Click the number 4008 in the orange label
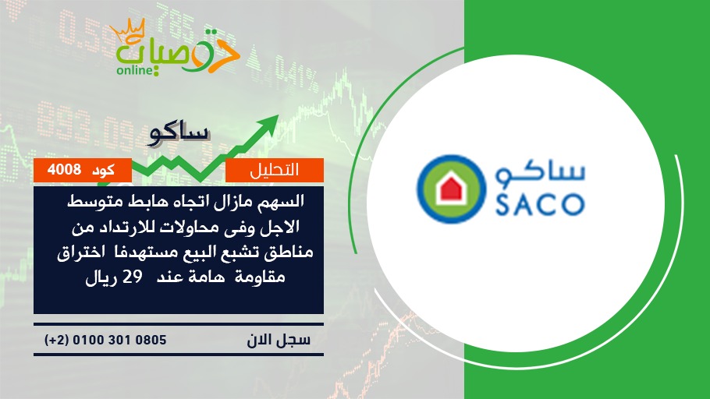(x=64, y=170)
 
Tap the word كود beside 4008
(x=103, y=171)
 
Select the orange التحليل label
(x=275, y=170)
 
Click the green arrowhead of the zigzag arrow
(x=268, y=124)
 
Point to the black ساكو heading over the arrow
(x=179, y=133)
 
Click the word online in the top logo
(x=133, y=71)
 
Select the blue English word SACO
(x=539, y=204)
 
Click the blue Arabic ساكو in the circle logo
(x=539, y=174)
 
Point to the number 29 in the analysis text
(x=133, y=277)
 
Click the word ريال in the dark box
(x=99, y=277)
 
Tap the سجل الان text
(x=279, y=340)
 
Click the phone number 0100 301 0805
(x=119, y=340)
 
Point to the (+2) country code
(x=57, y=340)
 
